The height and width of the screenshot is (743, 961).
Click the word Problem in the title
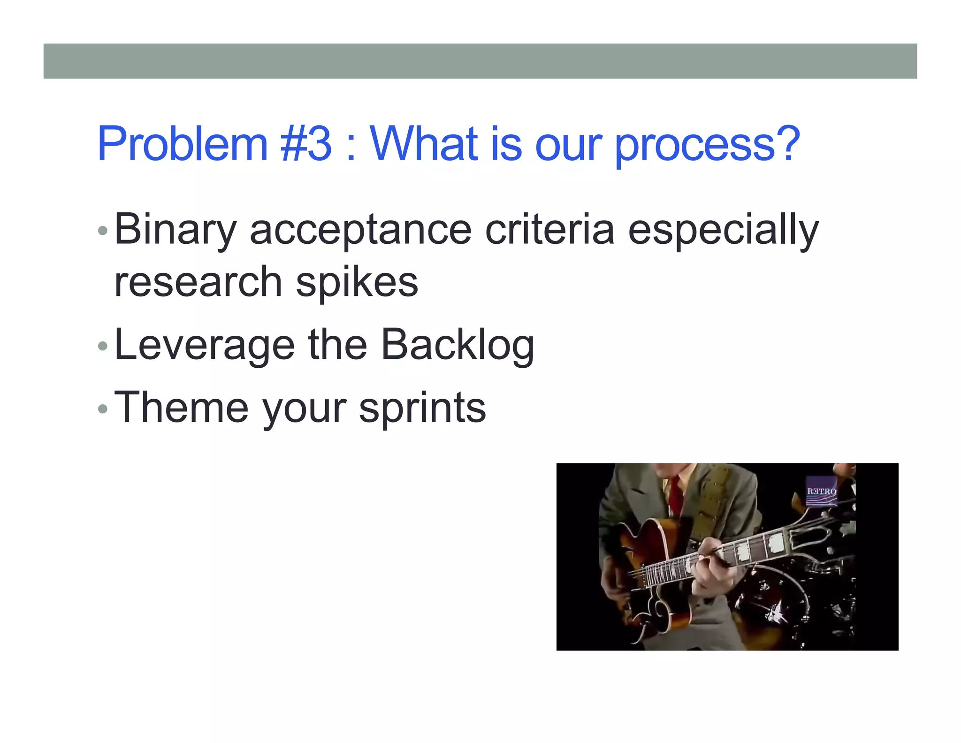pyautogui.click(x=182, y=144)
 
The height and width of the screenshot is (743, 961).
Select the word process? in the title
pyautogui.click(x=707, y=144)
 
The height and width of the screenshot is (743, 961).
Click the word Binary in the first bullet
pyautogui.click(x=175, y=230)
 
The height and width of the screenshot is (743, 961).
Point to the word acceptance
pyautogui.click(x=360, y=230)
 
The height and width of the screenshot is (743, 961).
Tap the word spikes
pyautogui.click(x=357, y=283)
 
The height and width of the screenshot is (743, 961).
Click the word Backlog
pyautogui.click(x=458, y=346)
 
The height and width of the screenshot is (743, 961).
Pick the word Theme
pyautogui.click(x=181, y=408)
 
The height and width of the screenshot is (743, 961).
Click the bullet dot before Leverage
pyautogui.click(x=103, y=347)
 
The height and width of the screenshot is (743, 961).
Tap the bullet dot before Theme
pyautogui.click(x=103, y=409)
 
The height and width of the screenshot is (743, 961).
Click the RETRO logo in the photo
pyautogui.click(x=821, y=491)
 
